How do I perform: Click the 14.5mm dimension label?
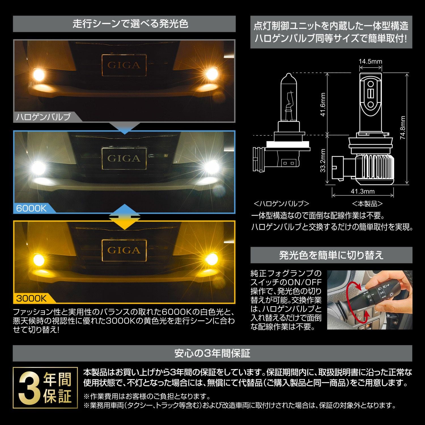click(x=370, y=61)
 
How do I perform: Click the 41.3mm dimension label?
click(x=363, y=191)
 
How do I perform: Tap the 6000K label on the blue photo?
click(x=31, y=208)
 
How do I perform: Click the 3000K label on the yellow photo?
click(x=31, y=298)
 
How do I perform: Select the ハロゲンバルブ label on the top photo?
click(x=43, y=117)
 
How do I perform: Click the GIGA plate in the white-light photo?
click(x=124, y=158)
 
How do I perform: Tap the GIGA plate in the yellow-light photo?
click(x=124, y=250)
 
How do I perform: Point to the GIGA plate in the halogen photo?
click(x=124, y=65)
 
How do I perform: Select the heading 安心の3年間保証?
click(x=212, y=353)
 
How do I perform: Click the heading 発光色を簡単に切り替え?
click(x=331, y=255)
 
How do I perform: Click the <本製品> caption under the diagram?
click(x=367, y=203)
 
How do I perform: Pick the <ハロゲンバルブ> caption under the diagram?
click(x=281, y=203)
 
